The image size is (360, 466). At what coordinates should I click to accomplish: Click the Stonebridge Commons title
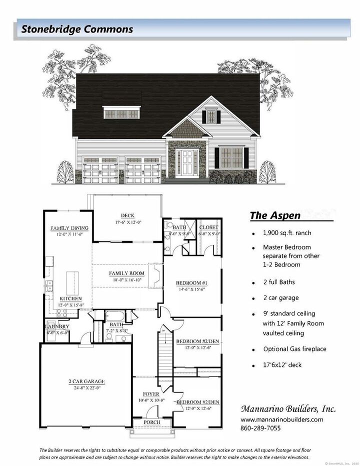[x=77, y=29]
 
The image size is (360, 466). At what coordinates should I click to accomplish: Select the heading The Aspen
[x=275, y=216]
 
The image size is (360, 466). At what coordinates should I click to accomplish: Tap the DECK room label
[x=120, y=215]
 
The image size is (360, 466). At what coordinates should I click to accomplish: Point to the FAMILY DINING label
[x=69, y=228]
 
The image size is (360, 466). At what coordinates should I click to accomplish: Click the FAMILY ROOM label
[x=127, y=273]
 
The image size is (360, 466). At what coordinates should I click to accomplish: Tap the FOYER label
[x=151, y=394]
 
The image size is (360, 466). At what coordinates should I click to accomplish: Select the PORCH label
[x=152, y=422]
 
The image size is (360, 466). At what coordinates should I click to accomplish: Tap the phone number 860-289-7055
[x=260, y=428]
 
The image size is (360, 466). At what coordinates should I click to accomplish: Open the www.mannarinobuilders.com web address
[x=281, y=419]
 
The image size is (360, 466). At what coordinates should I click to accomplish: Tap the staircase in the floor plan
[x=162, y=356]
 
